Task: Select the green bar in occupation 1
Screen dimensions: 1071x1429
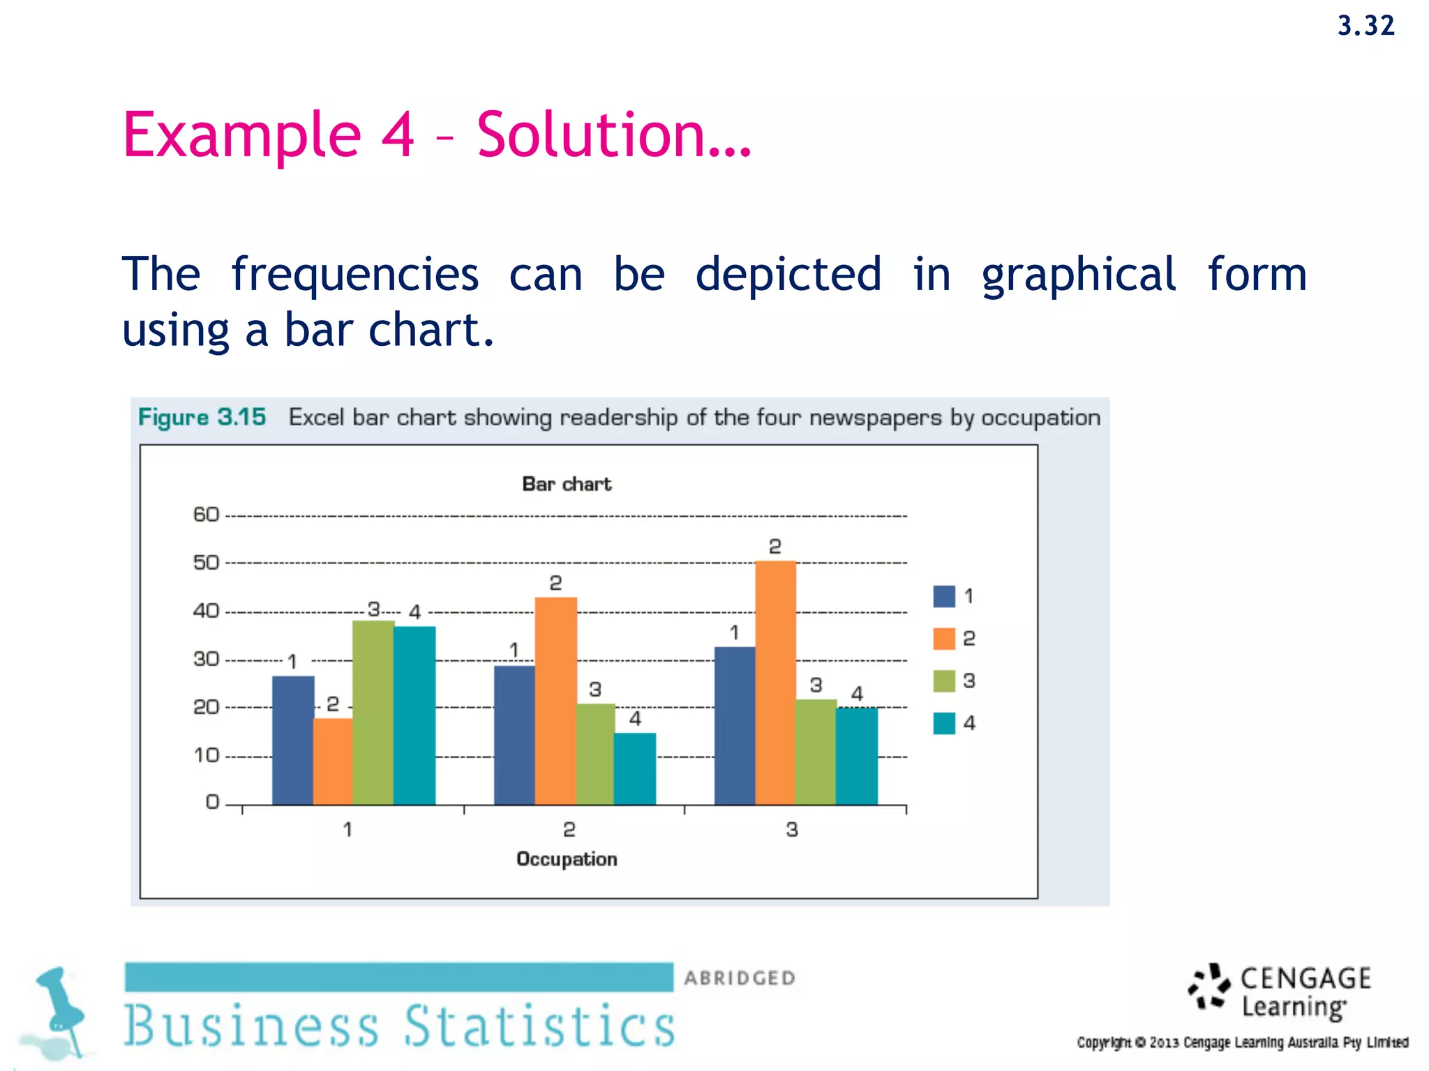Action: [x=373, y=712]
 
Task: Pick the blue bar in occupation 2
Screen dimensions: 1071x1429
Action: [x=514, y=735]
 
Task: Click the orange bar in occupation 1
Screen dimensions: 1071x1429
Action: [x=333, y=761]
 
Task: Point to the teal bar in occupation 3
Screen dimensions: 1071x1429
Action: [x=857, y=756]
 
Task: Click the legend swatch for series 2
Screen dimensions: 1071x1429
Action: [x=944, y=638]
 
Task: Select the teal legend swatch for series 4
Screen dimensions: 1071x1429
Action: [x=944, y=723]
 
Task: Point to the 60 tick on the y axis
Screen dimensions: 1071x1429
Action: [x=206, y=515]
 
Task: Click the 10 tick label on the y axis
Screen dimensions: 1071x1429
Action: [x=206, y=755]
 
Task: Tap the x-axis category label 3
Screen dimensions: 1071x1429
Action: [x=791, y=830]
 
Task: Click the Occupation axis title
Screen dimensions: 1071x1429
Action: [x=567, y=859]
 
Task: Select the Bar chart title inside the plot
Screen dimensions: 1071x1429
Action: [x=567, y=484]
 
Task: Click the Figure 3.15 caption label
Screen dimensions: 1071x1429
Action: [x=202, y=417]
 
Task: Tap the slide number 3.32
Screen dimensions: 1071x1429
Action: [x=1366, y=26]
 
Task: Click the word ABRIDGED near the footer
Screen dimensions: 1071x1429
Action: [x=740, y=978]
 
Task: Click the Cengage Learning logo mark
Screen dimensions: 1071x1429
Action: [x=1209, y=987]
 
